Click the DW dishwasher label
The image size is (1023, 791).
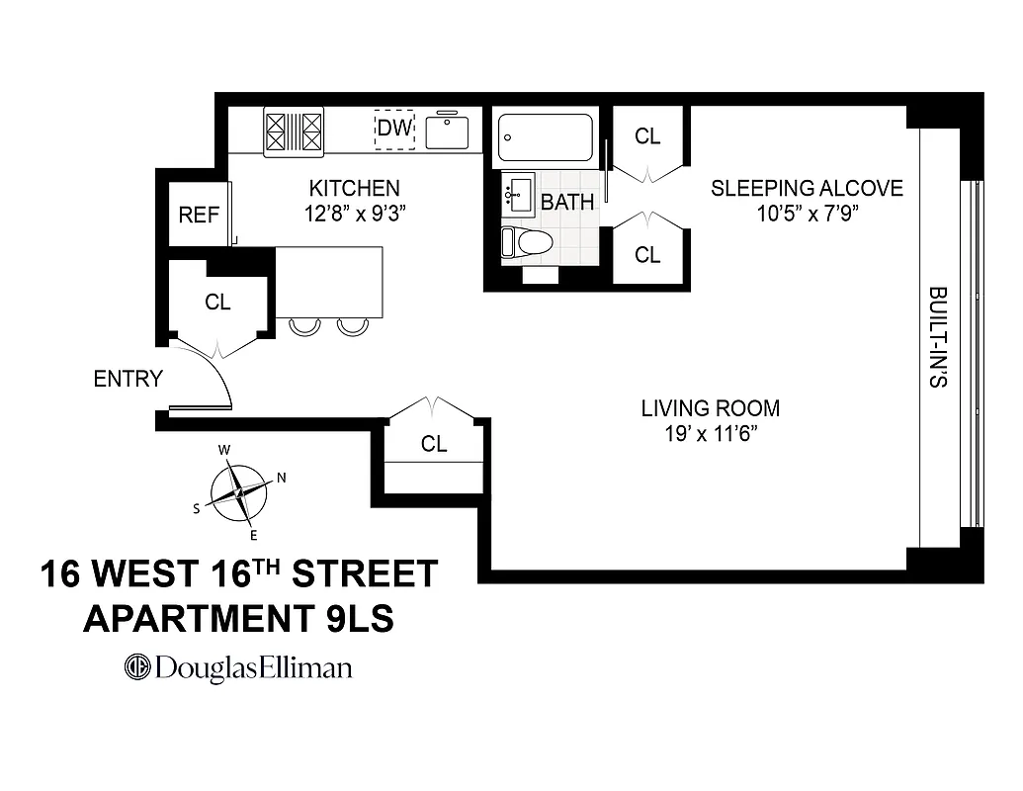pyautogui.click(x=393, y=129)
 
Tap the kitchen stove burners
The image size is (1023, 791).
pyautogui.click(x=294, y=131)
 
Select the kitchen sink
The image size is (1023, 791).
pyautogui.click(x=448, y=131)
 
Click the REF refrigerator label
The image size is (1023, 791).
pyautogui.click(x=199, y=214)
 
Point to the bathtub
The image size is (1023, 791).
pyautogui.click(x=545, y=136)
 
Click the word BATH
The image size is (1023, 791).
pyautogui.click(x=568, y=203)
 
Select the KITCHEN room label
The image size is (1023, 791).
pyautogui.click(x=355, y=188)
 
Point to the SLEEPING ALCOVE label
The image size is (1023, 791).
pyautogui.click(x=807, y=188)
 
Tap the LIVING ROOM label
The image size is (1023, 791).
pyautogui.click(x=710, y=408)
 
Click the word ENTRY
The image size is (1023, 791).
pyautogui.click(x=128, y=379)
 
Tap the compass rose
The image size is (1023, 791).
pyautogui.click(x=238, y=492)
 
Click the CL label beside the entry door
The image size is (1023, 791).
pyautogui.click(x=217, y=304)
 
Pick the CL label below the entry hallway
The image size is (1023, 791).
pyautogui.click(x=434, y=445)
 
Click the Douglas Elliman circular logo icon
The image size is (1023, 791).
pyautogui.click(x=136, y=667)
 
